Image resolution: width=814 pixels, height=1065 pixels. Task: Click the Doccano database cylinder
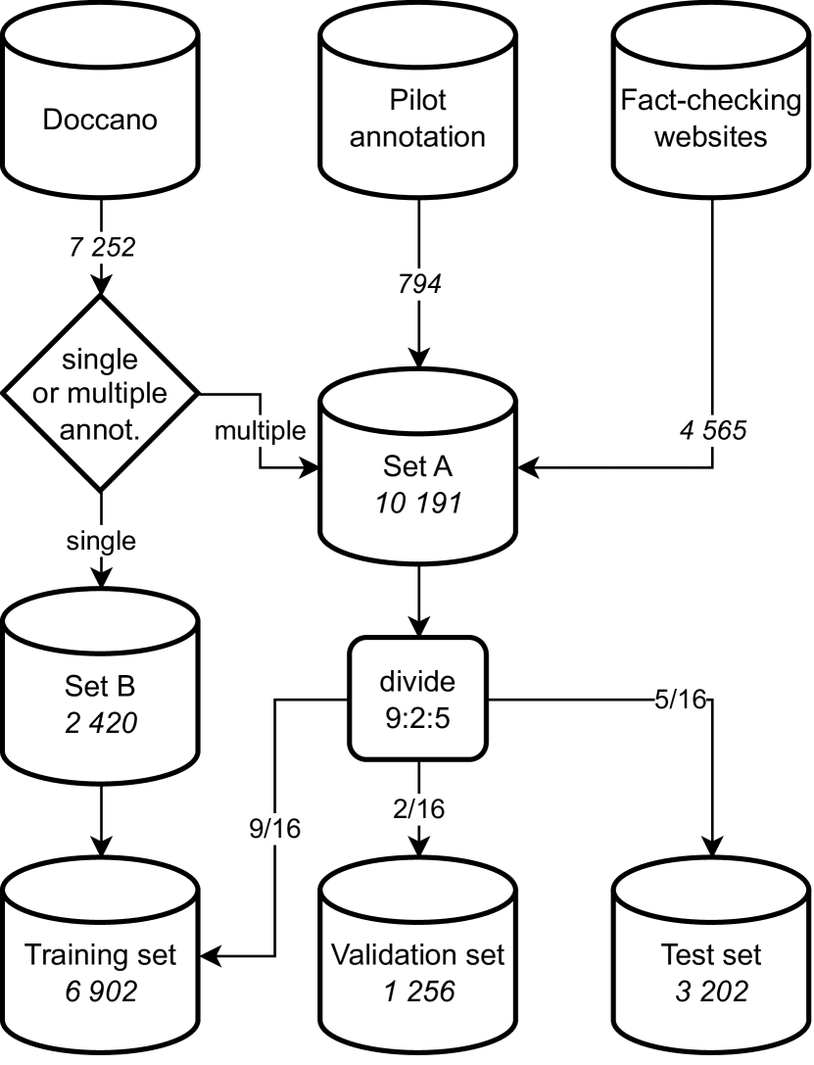pos(100,108)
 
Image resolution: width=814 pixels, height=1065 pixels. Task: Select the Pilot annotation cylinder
pos(420,108)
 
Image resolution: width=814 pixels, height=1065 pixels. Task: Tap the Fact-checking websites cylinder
pos(712,108)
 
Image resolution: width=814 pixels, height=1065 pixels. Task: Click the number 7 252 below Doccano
pos(100,248)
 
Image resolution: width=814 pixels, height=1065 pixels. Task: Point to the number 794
pos(420,285)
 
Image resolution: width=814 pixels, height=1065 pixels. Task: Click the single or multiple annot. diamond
pos(100,393)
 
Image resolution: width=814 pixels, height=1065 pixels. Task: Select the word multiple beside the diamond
pos(259,429)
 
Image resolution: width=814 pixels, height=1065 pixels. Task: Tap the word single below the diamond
pos(100,540)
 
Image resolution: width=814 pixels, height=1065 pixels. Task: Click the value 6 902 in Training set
pos(100,992)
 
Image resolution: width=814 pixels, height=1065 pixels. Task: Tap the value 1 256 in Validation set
pos(420,992)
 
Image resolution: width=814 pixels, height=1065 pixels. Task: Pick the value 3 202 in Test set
pos(712,992)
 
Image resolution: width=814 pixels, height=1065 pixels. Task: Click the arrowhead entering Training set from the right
pos(208,953)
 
